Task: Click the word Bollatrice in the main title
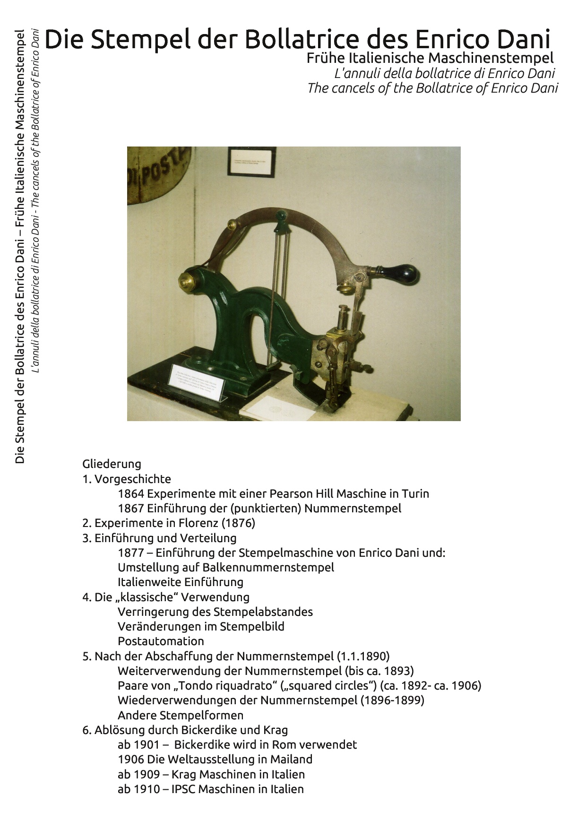pyautogui.click(x=304, y=39)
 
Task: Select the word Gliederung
pyautogui.click(x=112, y=464)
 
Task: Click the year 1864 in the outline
pyautogui.click(x=131, y=493)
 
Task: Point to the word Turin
pyautogui.click(x=415, y=493)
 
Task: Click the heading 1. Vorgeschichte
pyautogui.click(x=127, y=479)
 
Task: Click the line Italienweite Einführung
pyautogui.click(x=181, y=582)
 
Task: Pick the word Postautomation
pyautogui.click(x=161, y=641)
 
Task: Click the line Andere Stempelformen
pyautogui.click(x=181, y=715)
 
